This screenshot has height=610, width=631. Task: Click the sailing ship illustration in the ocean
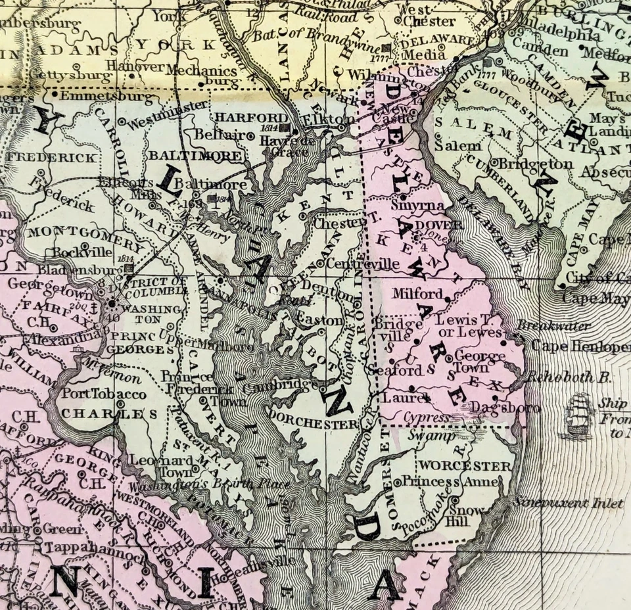pos(578,414)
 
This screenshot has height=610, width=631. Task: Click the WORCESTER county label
pos(465,466)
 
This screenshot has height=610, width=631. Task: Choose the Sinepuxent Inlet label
pos(569,504)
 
